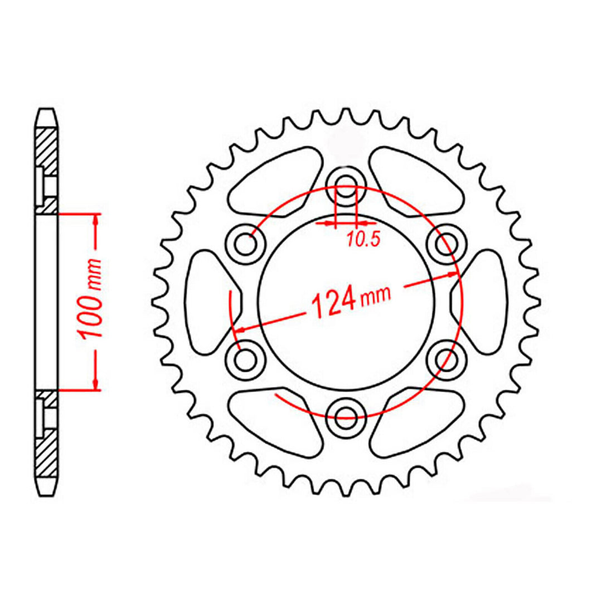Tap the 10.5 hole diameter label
[x=362, y=240]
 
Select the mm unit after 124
[x=376, y=297]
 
